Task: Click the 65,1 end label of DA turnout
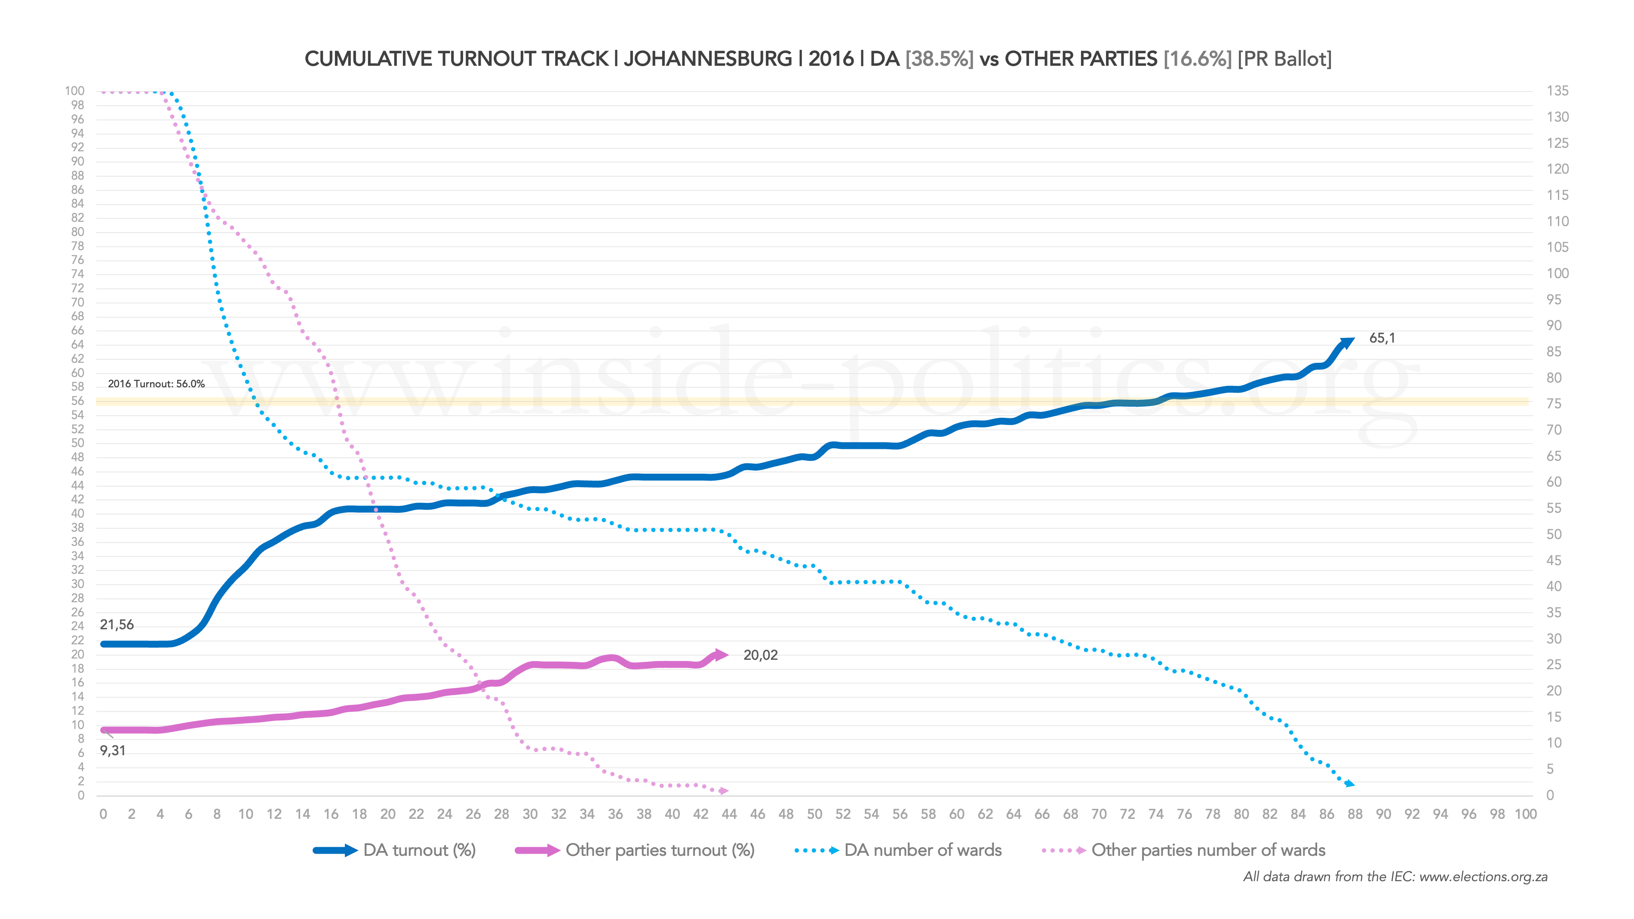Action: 1382,338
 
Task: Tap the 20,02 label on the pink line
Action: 760,655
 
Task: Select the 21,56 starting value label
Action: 117,625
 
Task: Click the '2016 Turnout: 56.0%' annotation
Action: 156,384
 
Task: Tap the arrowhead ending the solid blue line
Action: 1347,343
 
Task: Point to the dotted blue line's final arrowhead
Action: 1350,784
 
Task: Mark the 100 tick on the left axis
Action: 74,91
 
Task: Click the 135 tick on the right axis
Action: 1557,91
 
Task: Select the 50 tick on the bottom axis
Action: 814,815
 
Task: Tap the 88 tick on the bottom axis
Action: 1355,815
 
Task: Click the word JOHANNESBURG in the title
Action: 708,59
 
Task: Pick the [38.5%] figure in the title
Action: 940,59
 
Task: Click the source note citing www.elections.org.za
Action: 1395,877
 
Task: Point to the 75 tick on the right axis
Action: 1554,404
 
